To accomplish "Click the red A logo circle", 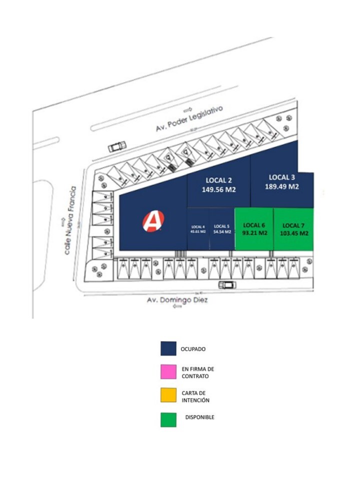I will pos(153,220).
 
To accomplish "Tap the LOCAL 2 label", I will pos(219,180).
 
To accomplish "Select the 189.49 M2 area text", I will pos(282,186).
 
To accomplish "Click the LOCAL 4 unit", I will pos(197,229).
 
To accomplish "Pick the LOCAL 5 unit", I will pos(222,229).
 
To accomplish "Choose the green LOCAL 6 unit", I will pos(254,229).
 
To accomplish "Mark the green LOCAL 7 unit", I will pos(293,229).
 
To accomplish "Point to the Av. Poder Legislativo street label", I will pos(188,118).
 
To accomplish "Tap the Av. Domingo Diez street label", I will pos(177,300).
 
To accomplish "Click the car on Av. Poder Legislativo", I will pos(117,146).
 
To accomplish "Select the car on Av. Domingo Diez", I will pos(227,285).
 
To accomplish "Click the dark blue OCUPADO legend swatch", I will pos(168,348).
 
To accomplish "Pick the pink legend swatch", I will pos(168,372).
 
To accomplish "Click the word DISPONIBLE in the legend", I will pos(199,417).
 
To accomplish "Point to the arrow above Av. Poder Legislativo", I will pos(188,109).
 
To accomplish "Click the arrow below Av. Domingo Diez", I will pos(176,307).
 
